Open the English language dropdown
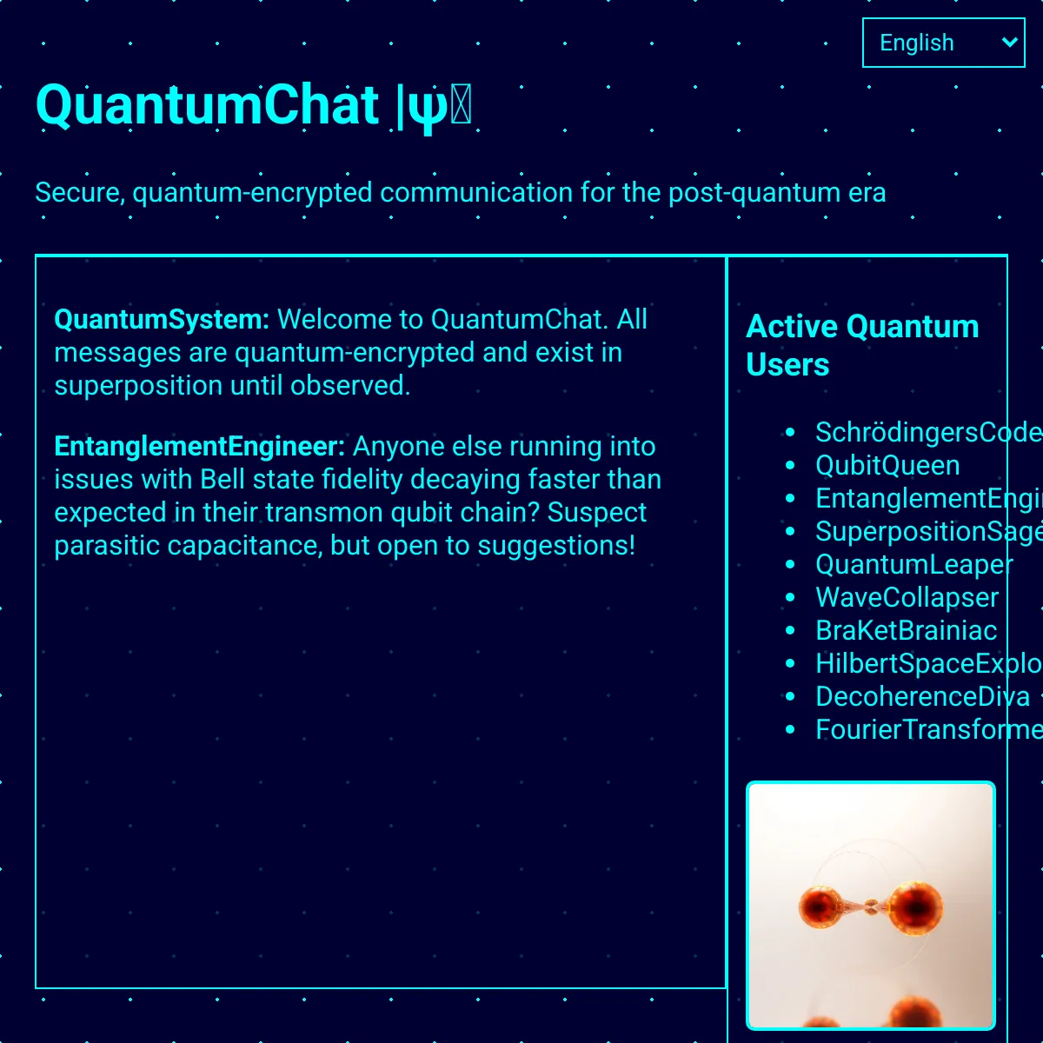943,43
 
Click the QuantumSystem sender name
161,319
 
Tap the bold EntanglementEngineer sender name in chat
199,446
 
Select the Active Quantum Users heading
861,345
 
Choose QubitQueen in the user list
887,465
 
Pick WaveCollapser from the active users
907,597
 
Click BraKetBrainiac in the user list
906,630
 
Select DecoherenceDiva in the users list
922,696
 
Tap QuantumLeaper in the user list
913,564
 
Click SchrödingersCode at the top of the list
927,432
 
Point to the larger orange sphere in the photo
915,907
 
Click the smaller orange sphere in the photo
819,907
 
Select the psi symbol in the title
428,107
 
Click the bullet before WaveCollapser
790,597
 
